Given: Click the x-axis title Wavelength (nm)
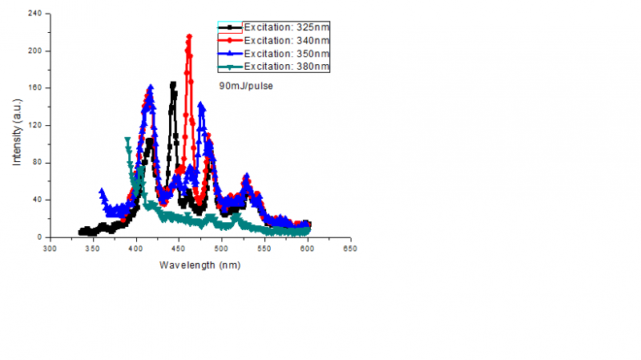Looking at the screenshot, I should coord(200,265).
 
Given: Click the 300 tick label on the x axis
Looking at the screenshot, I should coord(50,249).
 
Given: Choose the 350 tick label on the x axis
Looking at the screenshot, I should coord(93,249).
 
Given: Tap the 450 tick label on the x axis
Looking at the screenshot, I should coord(179,249).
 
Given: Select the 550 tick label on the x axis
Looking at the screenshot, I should coord(264,249).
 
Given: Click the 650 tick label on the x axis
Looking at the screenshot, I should coord(350,249).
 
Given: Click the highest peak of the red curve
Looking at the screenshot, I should coord(189,36).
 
